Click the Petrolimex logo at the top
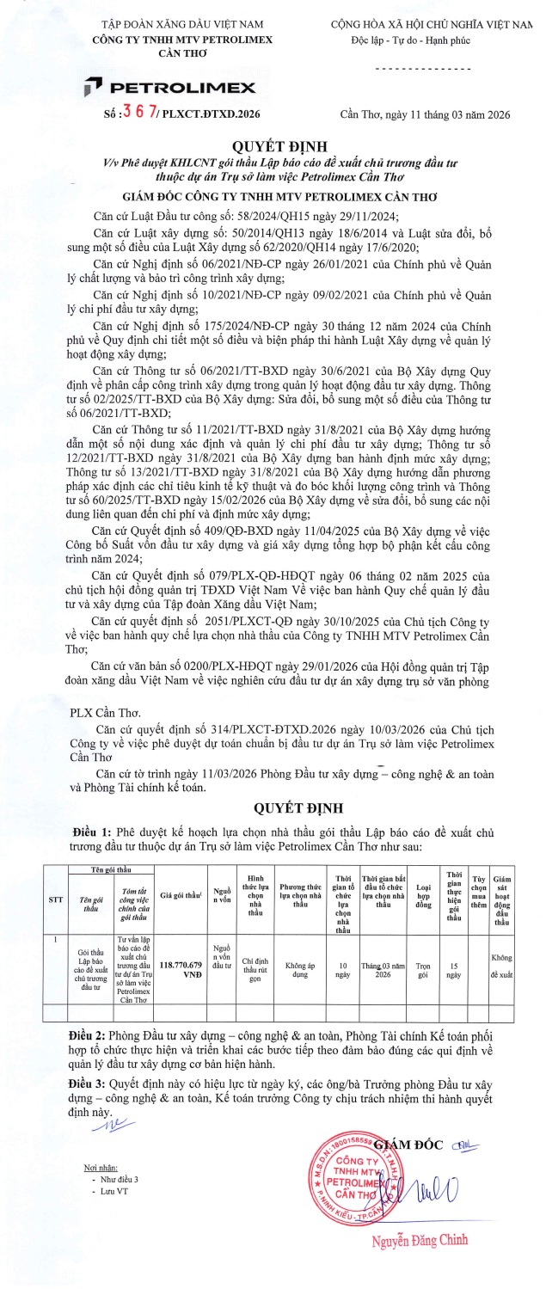(x=169, y=86)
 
